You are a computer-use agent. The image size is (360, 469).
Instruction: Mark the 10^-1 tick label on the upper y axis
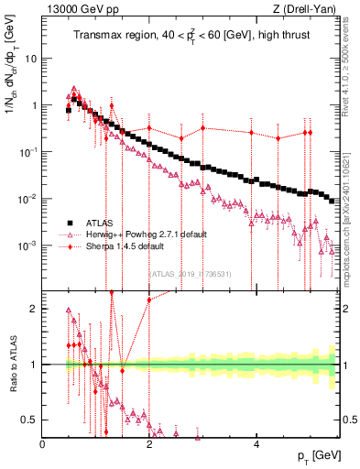click(x=30, y=152)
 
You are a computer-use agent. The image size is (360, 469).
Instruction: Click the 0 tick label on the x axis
click(x=43, y=444)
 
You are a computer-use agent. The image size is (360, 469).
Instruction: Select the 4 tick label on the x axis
click(x=256, y=444)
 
